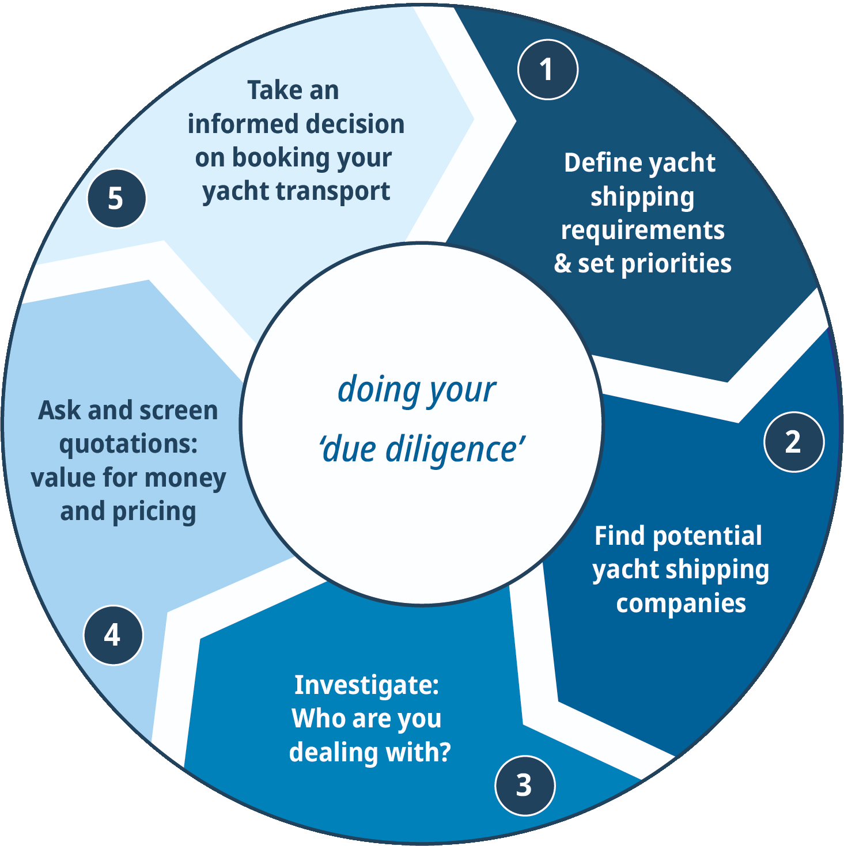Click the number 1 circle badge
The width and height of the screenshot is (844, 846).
point(547,70)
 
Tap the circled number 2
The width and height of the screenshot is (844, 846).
point(793,442)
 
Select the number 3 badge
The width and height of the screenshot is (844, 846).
point(524,786)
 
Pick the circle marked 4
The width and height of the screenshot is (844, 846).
point(113,635)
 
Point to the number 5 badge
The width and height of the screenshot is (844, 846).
point(116,199)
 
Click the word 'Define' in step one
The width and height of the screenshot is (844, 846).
point(595,163)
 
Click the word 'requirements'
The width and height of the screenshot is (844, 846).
point(642,230)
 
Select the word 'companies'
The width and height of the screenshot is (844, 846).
point(680,604)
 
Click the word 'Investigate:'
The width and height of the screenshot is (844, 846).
point(366,685)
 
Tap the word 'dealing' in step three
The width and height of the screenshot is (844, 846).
point(327,752)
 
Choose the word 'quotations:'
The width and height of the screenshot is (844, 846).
point(128,445)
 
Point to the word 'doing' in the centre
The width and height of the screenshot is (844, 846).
point(371,390)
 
